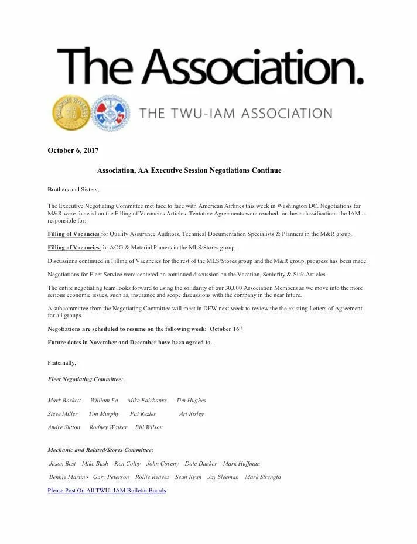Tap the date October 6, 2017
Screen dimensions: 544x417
coord(73,150)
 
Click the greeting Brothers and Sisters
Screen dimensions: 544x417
coord(73,190)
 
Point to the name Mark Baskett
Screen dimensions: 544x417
coord(64,401)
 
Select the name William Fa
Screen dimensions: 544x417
coord(104,401)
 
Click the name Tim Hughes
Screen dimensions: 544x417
coord(191,401)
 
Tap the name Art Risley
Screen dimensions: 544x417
coord(192,414)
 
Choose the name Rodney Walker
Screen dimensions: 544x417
coord(108,427)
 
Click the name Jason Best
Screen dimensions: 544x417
coord(63,464)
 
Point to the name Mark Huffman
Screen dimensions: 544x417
coord(241,464)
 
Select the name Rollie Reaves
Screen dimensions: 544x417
coord(152,477)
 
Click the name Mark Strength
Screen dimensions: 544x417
coord(263,477)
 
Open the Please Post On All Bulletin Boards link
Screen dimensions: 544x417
coord(107,491)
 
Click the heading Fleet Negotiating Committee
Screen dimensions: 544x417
coord(85,379)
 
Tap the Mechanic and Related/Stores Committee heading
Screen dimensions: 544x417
coord(100,450)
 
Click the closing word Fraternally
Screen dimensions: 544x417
coord(61,363)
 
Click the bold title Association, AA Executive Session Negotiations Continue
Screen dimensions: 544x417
coord(189,170)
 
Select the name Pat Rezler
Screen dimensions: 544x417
coord(143,414)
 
